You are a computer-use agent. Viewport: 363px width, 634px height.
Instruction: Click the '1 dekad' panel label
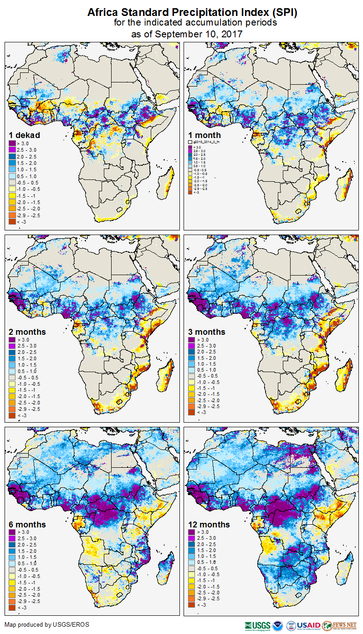(x=25, y=135)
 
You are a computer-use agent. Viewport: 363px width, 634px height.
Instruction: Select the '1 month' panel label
(x=205, y=135)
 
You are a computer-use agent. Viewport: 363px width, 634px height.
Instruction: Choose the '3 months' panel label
(x=207, y=332)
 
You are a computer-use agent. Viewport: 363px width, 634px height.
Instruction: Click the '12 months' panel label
(x=209, y=525)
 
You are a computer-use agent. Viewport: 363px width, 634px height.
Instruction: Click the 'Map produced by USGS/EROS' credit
(x=47, y=624)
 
